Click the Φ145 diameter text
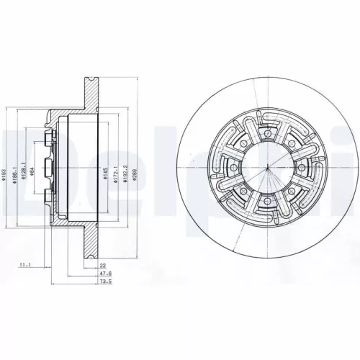(x=104, y=176)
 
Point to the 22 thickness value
(x=103, y=265)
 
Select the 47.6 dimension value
(x=104, y=274)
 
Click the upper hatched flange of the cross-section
(x=91, y=86)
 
